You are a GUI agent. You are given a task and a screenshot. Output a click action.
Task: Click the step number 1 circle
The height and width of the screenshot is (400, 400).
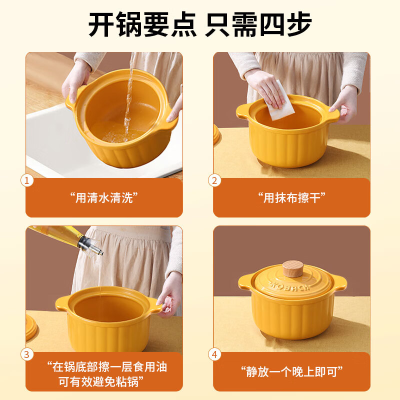coord(27,180)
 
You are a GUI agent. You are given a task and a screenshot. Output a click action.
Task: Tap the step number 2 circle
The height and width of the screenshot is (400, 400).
coord(215,180)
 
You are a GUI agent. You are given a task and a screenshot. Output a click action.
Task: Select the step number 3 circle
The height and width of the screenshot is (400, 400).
coord(27,354)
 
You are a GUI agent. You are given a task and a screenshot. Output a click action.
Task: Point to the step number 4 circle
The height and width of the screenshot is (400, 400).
coord(215,354)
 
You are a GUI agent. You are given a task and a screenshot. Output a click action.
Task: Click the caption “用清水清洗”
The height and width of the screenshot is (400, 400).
coord(104,197)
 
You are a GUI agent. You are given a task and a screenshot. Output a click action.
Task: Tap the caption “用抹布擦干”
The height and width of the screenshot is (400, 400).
coord(291,197)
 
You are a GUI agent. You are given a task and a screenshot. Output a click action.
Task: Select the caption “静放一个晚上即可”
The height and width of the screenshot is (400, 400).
coord(291,371)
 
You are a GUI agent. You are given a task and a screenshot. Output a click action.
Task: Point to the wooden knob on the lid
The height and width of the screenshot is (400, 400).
coord(292,268)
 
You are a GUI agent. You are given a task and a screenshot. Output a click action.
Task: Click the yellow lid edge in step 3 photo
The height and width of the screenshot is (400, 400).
coord(31,327)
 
